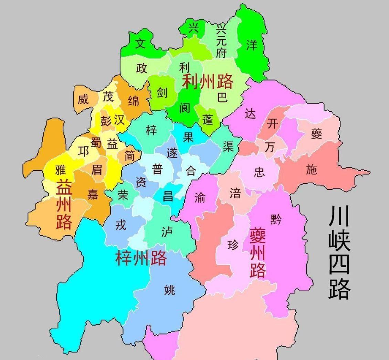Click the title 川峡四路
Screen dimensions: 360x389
(x=339, y=252)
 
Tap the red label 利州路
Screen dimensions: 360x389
(x=207, y=81)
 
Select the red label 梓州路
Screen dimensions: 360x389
(x=141, y=258)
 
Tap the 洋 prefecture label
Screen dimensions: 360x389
(x=252, y=45)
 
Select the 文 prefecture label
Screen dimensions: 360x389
(x=140, y=43)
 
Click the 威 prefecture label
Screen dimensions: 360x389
(x=83, y=99)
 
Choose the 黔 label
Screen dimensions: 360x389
(x=276, y=219)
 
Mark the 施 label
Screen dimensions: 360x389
(x=311, y=169)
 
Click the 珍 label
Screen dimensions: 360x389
(x=233, y=245)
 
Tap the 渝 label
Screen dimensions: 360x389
(x=200, y=197)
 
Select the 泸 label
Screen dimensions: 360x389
(x=167, y=232)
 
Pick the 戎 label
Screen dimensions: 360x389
(x=120, y=225)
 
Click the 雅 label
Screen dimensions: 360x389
(x=60, y=170)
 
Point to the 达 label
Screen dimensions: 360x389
(x=250, y=113)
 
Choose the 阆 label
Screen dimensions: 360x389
(x=185, y=108)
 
